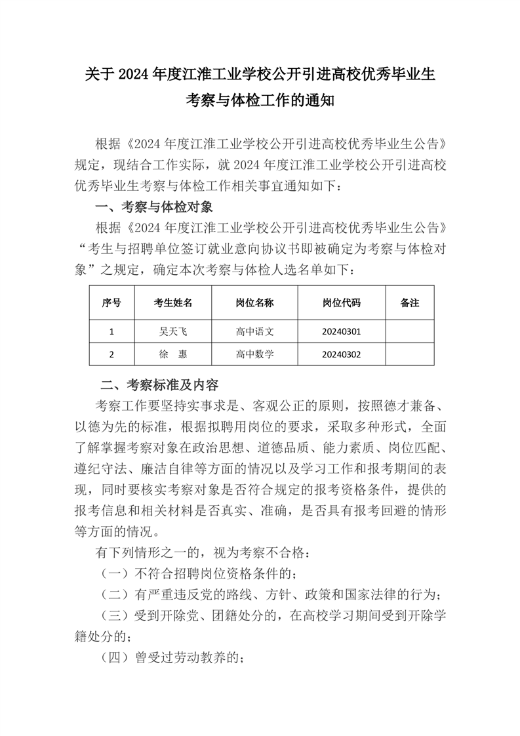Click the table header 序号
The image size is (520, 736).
[x=111, y=302]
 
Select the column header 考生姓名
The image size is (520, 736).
[x=173, y=302]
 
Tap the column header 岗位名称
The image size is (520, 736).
[x=254, y=302]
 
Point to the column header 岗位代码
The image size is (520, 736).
[x=341, y=302]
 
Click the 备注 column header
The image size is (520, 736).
[x=409, y=302]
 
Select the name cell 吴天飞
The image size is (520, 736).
[x=173, y=331]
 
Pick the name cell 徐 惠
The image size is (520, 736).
[x=173, y=354]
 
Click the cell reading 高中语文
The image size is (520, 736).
[x=254, y=331]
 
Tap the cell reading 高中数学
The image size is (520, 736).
[x=254, y=354]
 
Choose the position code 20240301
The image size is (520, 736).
[x=341, y=331]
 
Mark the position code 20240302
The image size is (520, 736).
[x=341, y=354]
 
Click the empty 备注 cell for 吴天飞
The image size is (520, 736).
[x=409, y=331]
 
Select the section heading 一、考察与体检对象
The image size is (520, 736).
[x=154, y=208]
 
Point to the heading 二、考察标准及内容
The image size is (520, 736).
[x=159, y=384]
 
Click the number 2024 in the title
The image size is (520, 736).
[x=133, y=74]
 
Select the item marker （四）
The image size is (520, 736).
[x=114, y=657]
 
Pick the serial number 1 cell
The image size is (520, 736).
[x=111, y=331]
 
